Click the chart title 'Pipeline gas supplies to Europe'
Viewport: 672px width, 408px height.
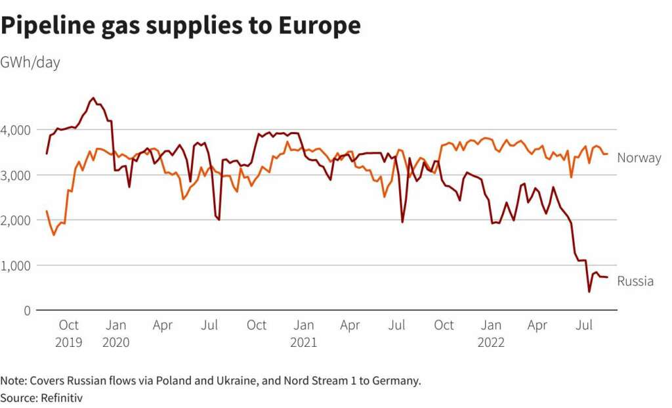click(180, 26)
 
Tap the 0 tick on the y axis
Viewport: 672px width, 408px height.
click(28, 310)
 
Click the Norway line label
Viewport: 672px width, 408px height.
click(639, 158)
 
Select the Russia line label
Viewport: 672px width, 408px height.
click(635, 281)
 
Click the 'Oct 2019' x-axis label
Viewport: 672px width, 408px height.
click(69, 333)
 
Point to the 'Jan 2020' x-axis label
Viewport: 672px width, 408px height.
click(116, 333)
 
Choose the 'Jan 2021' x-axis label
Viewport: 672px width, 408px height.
click(304, 333)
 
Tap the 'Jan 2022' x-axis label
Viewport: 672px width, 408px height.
click(491, 333)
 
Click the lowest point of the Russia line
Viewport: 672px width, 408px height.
click(589, 291)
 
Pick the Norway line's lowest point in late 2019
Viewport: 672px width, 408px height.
click(54, 235)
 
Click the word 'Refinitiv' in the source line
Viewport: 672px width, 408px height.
click(62, 397)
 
